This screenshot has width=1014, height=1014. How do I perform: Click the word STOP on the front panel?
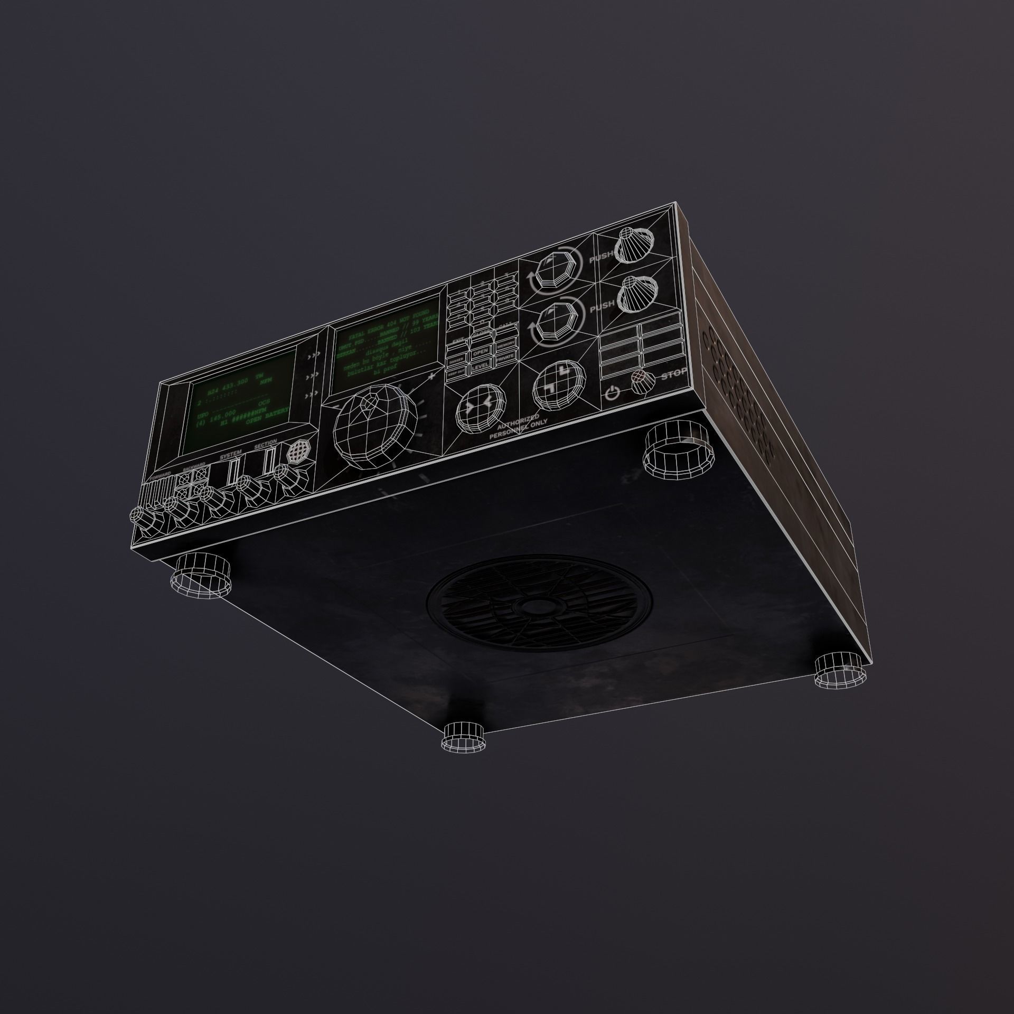pos(674,374)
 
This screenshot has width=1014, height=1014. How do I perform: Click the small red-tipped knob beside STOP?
pos(641,381)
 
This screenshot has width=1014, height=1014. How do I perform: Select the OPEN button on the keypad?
pos(480,352)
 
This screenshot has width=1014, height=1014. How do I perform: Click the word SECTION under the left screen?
pos(265,446)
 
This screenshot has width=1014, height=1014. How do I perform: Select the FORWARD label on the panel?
pos(160,476)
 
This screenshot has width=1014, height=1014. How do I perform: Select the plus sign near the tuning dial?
pos(432,376)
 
